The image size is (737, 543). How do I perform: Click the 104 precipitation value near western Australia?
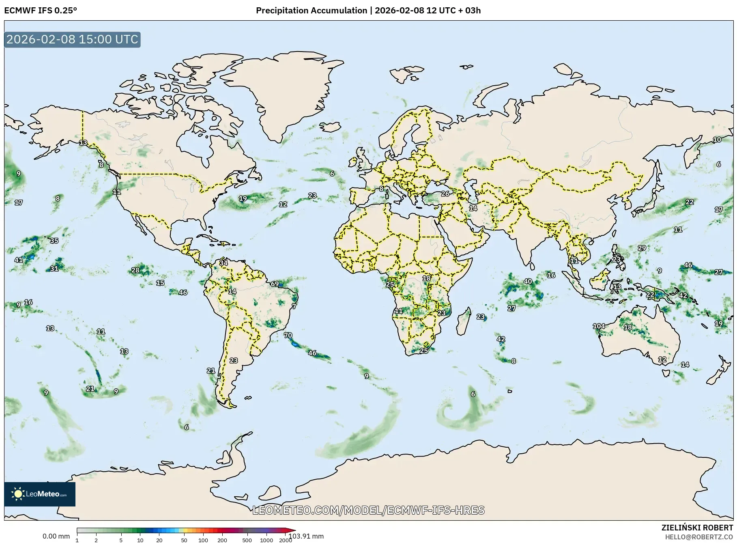point(599,326)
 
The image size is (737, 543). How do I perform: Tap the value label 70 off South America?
point(288,335)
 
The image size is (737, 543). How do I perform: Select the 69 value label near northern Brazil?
point(275,284)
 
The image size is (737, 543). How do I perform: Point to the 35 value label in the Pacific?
point(54,241)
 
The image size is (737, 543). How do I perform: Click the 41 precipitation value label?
point(19,260)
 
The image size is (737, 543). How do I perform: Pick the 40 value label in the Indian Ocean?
point(528,281)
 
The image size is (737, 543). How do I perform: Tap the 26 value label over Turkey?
point(445,194)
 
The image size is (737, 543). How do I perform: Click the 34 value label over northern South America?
point(223,263)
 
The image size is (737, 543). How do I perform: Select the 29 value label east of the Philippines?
point(642,248)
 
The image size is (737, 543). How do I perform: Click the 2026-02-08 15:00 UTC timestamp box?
point(72,39)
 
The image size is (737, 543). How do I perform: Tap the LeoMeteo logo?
point(40,494)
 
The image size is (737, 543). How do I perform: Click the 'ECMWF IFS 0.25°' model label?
point(41,11)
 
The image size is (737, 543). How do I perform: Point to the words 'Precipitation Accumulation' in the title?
point(311,11)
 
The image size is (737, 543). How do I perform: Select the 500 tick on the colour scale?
point(247,540)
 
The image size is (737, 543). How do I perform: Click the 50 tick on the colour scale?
point(184,540)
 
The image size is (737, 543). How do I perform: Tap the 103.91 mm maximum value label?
point(306,536)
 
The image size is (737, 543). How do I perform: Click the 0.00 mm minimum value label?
point(56,536)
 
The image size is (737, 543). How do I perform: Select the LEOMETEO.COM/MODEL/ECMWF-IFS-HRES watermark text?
point(368,510)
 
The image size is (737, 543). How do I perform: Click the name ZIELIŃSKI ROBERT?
point(697,528)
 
